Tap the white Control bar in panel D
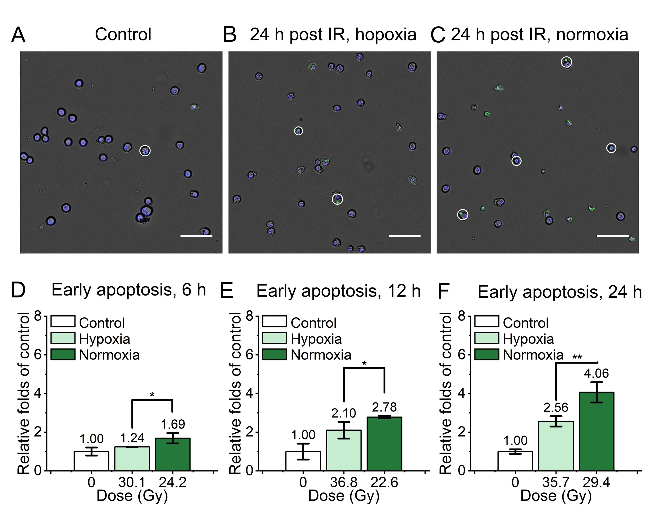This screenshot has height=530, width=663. [x=91, y=461]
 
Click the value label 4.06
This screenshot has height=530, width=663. [x=596, y=373]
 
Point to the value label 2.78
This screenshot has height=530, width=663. [x=384, y=407]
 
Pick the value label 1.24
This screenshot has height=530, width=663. [x=132, y=438]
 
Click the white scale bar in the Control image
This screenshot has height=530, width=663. [x=196, y=236]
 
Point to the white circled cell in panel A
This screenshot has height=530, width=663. [x=145, y=151]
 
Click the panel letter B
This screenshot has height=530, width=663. [x=230, y=35]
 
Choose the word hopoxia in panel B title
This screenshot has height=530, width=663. [x=386, y=34]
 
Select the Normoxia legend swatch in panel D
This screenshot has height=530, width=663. [x=63, y=355]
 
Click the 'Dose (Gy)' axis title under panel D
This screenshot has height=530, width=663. [x=132, y=496]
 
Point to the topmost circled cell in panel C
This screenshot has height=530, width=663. [x=566, y=62]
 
